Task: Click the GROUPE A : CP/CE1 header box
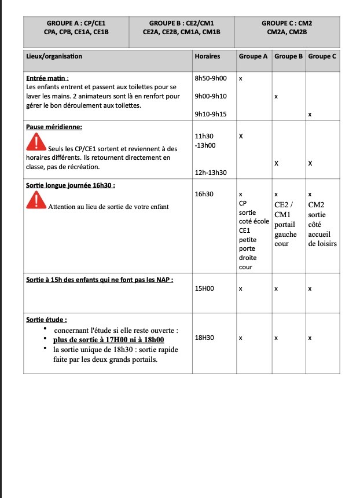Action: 76,28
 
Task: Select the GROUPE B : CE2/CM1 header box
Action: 181,28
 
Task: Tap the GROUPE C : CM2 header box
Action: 286,28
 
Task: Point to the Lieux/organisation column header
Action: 54,57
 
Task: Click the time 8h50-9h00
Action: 211,78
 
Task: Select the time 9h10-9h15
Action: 211,115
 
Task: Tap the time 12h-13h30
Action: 211,173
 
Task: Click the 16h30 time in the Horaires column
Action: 204,194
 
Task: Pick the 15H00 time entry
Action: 205,288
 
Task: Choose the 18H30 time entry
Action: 205,337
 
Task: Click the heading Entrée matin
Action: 47,78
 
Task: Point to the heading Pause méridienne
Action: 54,127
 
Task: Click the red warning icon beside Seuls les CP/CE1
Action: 36,141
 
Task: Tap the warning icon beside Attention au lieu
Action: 36,199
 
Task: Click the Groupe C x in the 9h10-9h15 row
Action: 310,115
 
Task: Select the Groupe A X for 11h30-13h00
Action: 241,136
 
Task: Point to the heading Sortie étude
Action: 46,319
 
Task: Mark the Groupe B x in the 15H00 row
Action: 276,288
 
